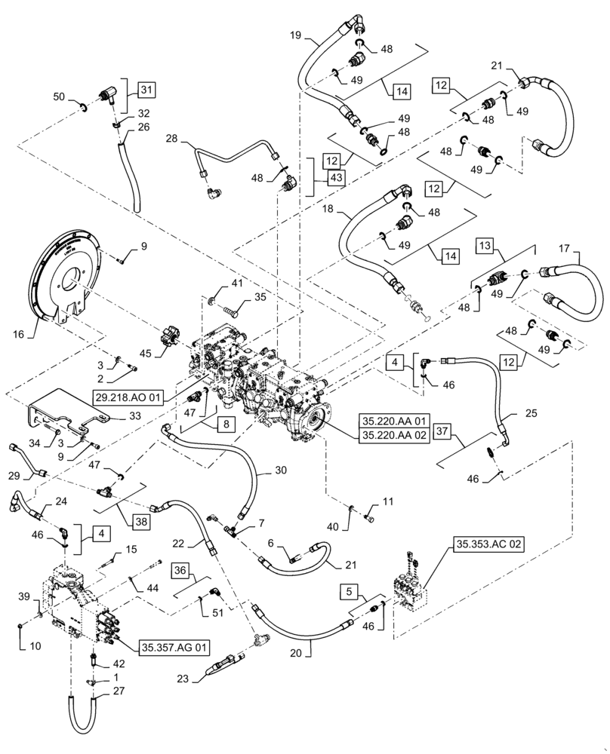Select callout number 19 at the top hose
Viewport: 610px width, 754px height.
[x=295, y=35]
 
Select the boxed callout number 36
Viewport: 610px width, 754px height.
[x=179, y=570]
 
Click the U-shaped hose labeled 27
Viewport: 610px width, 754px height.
[x=80, y=713]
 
